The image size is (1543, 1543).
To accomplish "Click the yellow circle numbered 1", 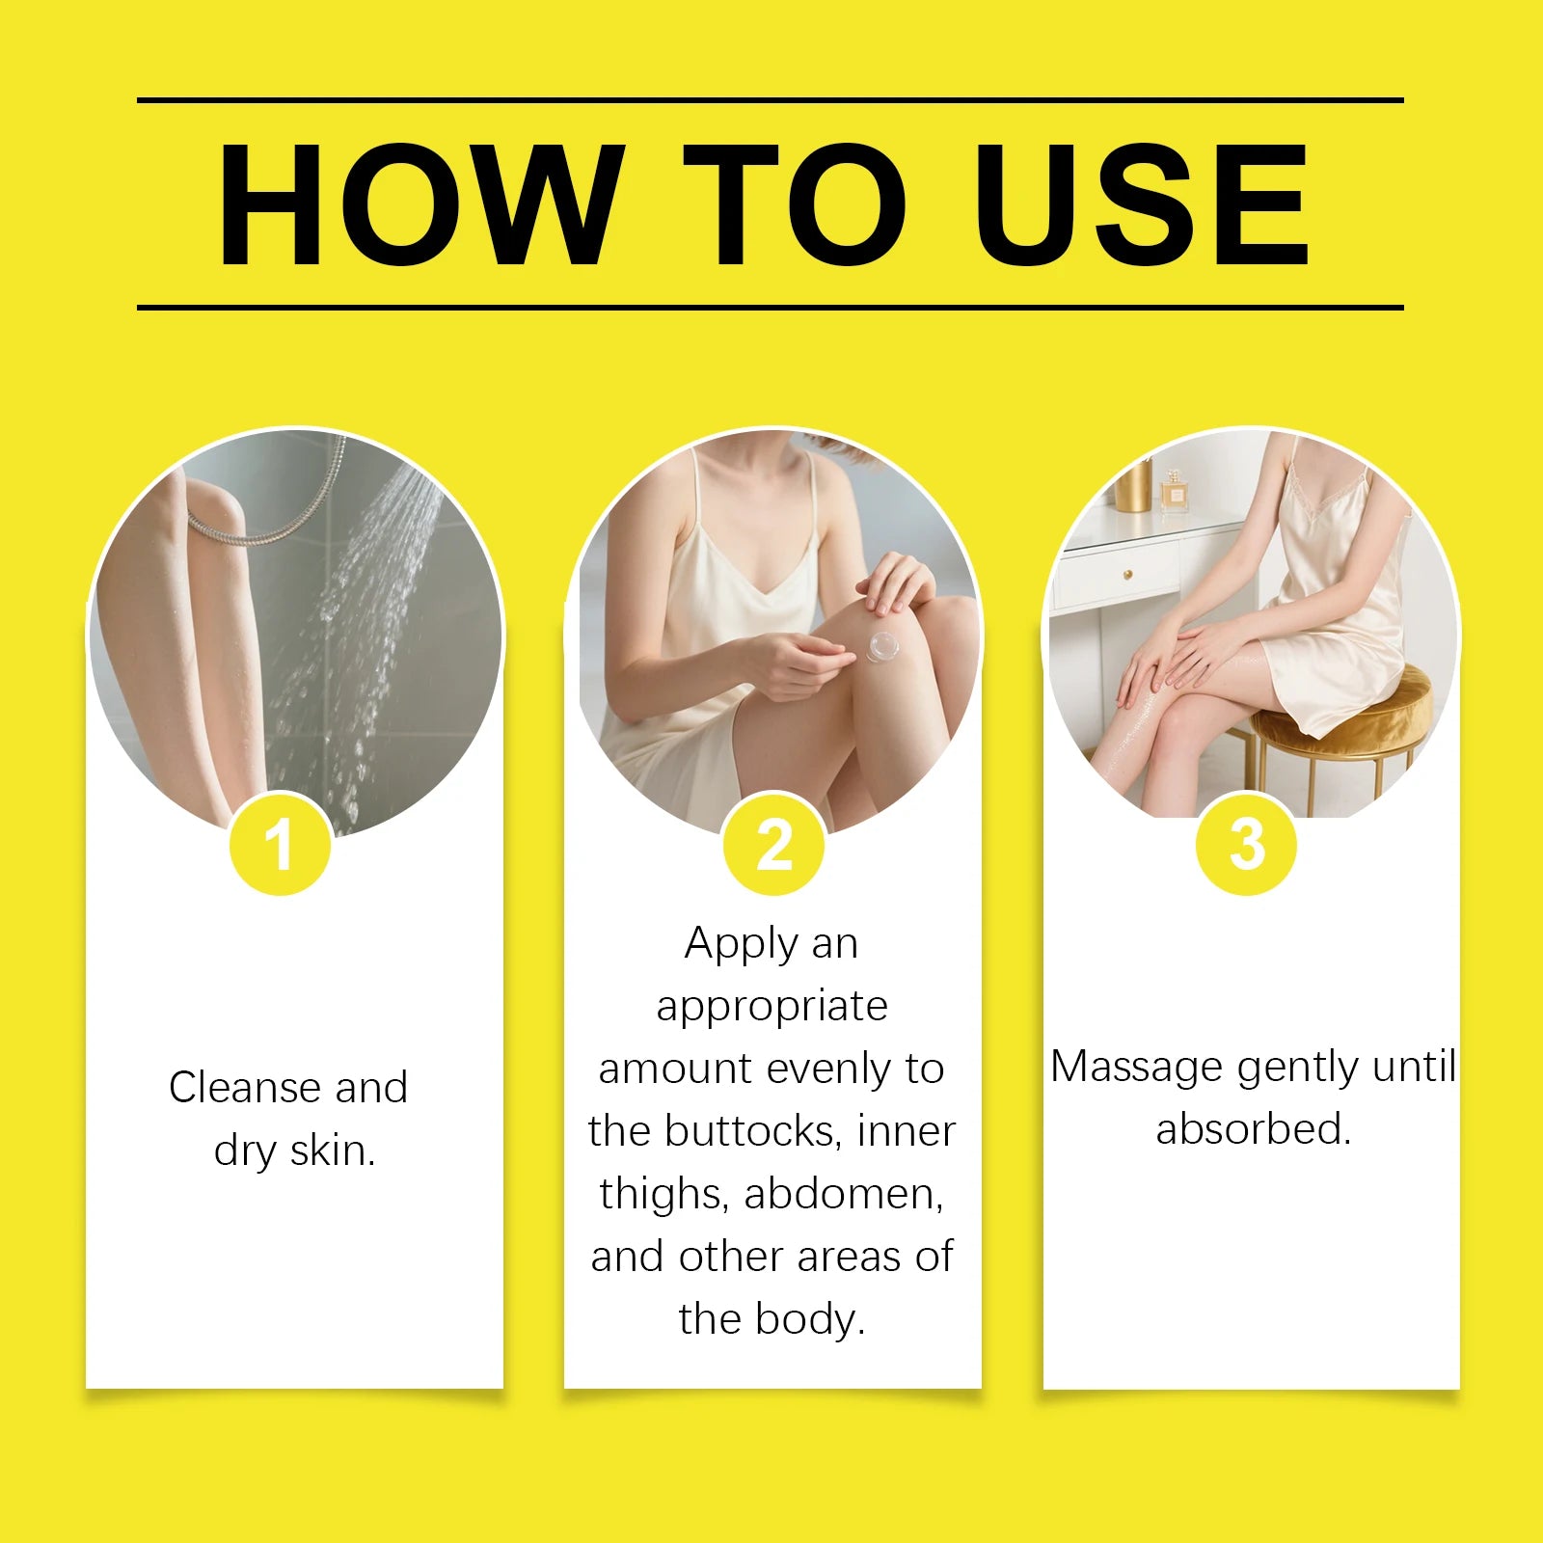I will [x=280, y=845].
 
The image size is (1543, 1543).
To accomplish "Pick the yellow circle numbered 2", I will [x=773, y=845].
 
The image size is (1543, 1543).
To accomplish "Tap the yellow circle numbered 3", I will [x=1246, y=845].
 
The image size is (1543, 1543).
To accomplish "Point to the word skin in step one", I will [x=332, y=1150].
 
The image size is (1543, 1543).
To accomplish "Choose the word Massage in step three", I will [x=1136, y=1068].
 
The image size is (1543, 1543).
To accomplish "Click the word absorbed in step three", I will [x=1253, y=1129].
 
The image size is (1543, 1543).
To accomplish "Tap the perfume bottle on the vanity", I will [x=1175, y=491].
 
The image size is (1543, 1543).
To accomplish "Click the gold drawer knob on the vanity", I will [x=1126, y=575].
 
